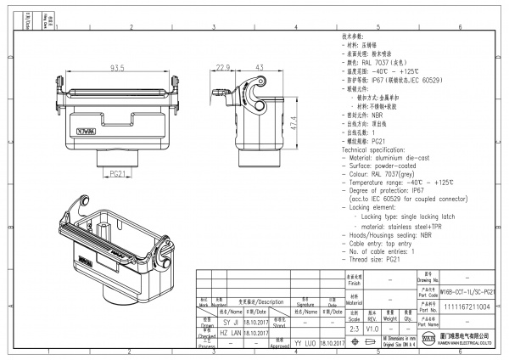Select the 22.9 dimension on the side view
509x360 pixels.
click(223, 67)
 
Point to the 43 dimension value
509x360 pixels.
click(258, 67)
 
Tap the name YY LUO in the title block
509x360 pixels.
click(304, 343)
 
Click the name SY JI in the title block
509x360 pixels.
click(218, 323)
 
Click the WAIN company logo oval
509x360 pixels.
click(428, 342)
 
